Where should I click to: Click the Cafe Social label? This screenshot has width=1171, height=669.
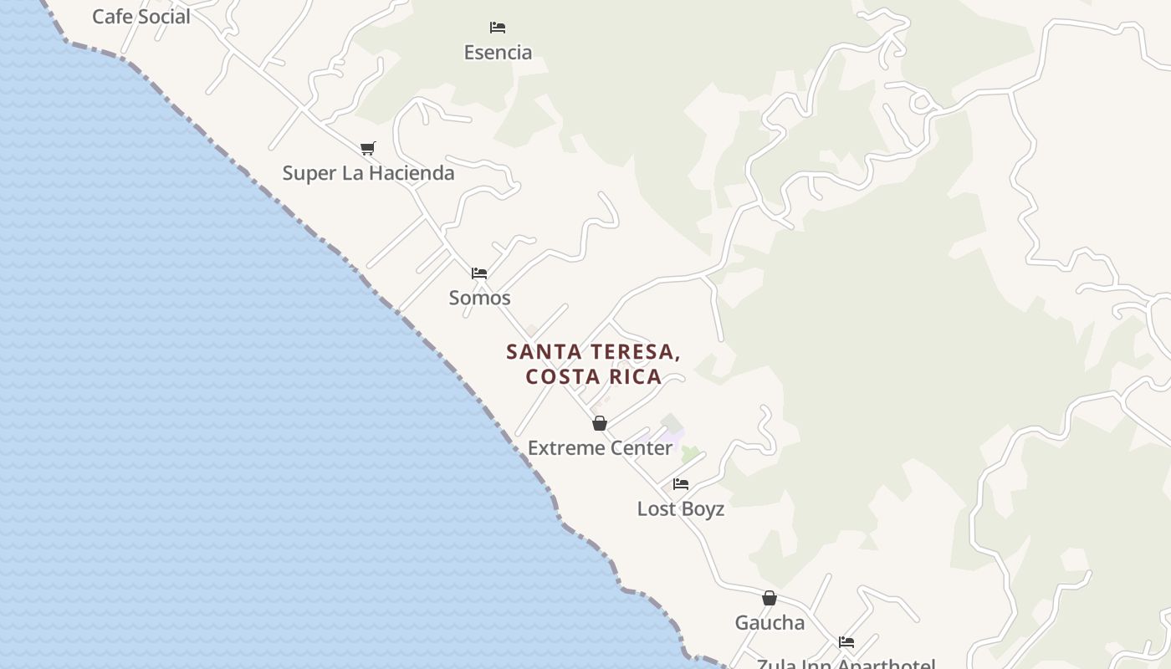[x=141, y=17]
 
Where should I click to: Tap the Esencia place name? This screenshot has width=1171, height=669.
[x=498, y=53]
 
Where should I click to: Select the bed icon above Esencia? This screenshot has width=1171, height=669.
[x=498, y=28]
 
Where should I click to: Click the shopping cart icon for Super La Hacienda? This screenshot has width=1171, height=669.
[x=367, y=149]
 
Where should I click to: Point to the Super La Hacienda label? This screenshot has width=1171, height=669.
[x=368, y=173]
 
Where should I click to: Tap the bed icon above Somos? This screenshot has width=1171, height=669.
[x=479, y=273]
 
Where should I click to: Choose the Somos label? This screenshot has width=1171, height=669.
[x=479, y=298]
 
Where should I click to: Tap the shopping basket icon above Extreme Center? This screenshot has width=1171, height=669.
[x=600, y=423]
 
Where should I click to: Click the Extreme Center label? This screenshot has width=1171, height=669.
[x=600, y=448]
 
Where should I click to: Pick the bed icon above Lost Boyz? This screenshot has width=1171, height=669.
[x=681, y=484]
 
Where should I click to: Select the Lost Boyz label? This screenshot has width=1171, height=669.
[x=681, y=509]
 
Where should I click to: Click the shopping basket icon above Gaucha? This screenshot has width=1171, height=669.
[x=770, y=598]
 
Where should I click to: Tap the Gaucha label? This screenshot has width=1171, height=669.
[x=770, y=623]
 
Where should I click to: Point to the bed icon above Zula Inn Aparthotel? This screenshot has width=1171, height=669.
[x=846, y=642]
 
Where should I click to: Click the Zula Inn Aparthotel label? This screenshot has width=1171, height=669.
[x=846, y=664]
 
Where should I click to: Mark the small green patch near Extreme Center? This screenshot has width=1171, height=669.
[x=690, y=454]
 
